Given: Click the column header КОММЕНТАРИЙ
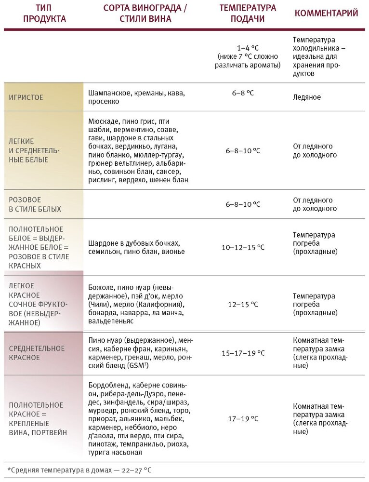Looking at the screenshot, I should click(x=326, y=13).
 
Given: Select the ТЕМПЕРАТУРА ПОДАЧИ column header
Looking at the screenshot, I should click(x=248, y=13).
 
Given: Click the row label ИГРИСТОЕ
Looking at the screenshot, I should click(x=26, y=97).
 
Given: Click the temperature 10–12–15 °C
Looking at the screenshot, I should click(x=243, y=247).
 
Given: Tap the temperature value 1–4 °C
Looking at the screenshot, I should click(x=247, y=48).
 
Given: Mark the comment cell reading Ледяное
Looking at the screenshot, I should click(x=307, y=97).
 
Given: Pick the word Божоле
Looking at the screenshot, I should click(x=100, y=287).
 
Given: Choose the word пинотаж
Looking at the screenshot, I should click(x=102, y=444).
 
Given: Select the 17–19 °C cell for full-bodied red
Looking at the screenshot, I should click(x=243, y=419).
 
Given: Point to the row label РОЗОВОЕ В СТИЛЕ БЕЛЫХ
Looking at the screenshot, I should click(x=35, y=204).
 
